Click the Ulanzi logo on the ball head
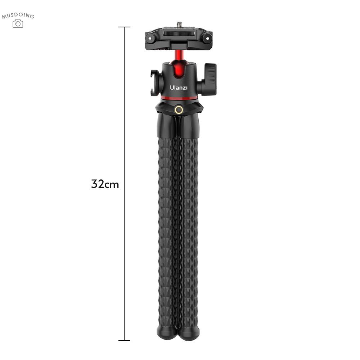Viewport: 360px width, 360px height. coord(179,87)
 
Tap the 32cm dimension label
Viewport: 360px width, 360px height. coord(105,184)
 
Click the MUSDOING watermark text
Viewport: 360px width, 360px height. coord(18,15)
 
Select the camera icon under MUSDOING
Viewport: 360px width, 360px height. coord(18,23)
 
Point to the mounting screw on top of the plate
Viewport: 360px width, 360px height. coord(179,24)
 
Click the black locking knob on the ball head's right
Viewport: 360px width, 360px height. coord(209,80)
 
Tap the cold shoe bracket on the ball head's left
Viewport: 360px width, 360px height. coord(155,83)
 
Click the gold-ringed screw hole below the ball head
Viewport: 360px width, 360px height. coord(179,110)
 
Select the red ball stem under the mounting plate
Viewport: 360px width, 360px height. coord(179,55)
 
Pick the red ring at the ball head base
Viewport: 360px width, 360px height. coord(179,98)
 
